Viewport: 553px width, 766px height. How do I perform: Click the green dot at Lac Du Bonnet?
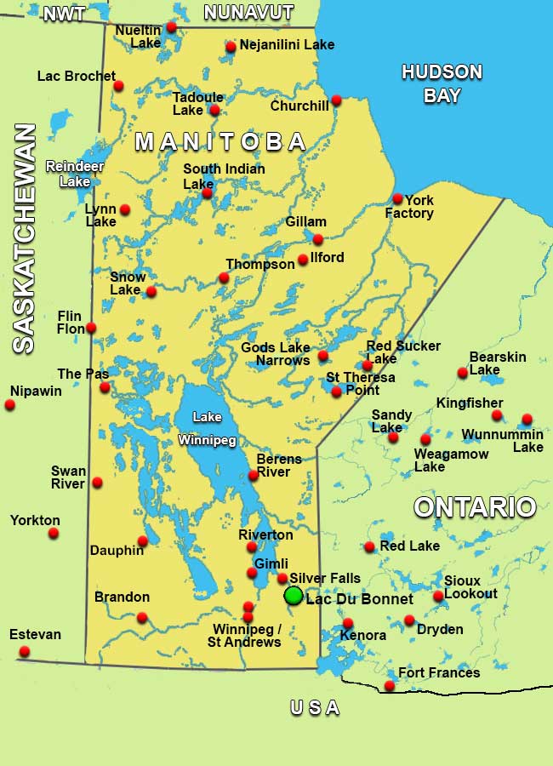point(294,595)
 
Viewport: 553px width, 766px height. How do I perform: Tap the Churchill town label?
point(299,106)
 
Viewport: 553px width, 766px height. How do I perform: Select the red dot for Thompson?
point(224,277)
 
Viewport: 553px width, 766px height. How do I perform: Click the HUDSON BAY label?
point(442,83)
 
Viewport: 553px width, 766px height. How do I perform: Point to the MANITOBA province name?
point(220,141)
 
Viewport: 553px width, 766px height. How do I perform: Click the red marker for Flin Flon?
point(91,328)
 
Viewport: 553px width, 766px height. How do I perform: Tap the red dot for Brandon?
point(142,617)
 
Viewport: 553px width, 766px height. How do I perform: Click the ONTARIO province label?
point(475,507)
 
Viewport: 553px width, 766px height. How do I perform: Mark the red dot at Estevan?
point(24,652)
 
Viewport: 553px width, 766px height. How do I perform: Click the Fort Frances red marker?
point(390,686)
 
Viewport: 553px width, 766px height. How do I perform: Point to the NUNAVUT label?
point(248,13)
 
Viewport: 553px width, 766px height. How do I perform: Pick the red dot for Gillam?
point(318,239)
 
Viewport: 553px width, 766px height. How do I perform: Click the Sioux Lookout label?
point(470,586)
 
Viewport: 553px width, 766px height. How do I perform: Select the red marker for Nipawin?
point(10,405)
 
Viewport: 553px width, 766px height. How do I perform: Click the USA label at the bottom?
point(315,708)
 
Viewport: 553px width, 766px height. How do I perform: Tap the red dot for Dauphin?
point(143,540)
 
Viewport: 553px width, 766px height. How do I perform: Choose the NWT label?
point(64,14)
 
